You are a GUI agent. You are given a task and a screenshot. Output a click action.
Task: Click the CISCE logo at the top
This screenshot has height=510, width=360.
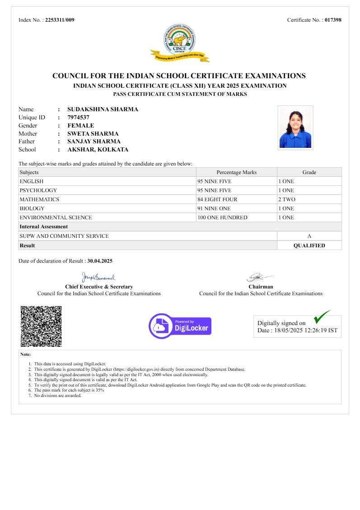click(180, 43)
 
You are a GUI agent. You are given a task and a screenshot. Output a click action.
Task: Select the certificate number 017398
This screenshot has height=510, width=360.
click(333, 20)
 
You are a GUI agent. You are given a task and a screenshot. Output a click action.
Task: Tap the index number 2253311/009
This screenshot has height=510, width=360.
click(60, 20)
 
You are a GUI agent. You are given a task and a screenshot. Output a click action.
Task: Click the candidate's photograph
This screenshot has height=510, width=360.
click(295, 127)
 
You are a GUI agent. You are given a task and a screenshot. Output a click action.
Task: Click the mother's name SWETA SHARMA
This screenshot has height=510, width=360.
click(93, 134)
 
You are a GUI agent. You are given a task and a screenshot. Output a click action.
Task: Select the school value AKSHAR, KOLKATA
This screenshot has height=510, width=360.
click(98, 150)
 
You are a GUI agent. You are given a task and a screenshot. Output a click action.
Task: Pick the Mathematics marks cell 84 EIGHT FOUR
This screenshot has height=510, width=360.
click(217, 199)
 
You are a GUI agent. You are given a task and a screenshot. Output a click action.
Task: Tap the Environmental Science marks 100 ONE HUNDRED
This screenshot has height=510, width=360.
click(222, 217)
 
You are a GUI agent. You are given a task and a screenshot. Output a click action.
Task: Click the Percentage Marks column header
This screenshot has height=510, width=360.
click(236, 172)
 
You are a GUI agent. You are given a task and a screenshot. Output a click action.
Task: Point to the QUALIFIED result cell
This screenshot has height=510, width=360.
click(309, 246)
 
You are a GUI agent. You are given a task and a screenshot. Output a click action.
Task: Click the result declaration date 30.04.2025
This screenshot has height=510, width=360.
click(100, 261)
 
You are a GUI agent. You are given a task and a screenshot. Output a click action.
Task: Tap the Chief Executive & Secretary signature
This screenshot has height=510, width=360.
click(98, 276)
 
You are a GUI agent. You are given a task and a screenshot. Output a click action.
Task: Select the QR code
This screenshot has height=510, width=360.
click(41, 326)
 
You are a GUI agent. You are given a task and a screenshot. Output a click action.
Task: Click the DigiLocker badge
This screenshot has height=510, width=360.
click(180, 326)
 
